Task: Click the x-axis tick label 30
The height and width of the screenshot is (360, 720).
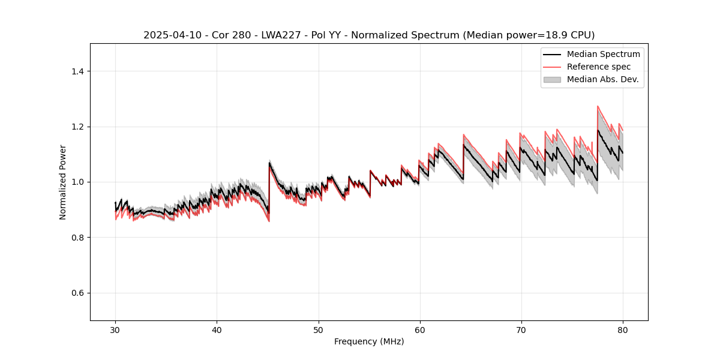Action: (115, 329)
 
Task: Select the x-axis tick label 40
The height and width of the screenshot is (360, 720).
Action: (217, 329)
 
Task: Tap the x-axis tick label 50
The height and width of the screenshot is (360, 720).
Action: (318, 329)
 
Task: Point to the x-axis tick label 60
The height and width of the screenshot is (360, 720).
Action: (420, 329)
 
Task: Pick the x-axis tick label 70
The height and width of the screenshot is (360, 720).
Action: (521, 329)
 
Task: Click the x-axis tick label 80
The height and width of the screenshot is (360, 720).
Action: (623, 329)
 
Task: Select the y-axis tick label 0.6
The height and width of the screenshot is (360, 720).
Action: (77, 293)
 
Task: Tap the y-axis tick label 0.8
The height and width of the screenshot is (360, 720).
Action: (77, 238)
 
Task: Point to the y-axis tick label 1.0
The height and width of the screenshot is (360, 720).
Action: (77, 182)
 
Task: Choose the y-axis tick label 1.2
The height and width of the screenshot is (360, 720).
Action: (77, 127)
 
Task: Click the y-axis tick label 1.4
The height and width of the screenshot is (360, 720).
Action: (77, 71)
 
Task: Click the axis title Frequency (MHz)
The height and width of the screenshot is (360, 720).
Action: (369, 341)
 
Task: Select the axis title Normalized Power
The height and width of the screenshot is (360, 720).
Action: (63, 182)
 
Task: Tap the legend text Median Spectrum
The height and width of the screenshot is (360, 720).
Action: (603, 54)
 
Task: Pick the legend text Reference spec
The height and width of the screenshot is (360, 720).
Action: (599, 67)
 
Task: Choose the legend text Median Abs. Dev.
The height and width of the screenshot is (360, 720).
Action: (602, 79)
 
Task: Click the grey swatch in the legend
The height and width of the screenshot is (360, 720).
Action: (551, 79)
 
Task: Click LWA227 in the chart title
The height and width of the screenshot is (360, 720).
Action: (284, 35)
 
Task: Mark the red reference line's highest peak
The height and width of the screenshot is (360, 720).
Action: (598, 106)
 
